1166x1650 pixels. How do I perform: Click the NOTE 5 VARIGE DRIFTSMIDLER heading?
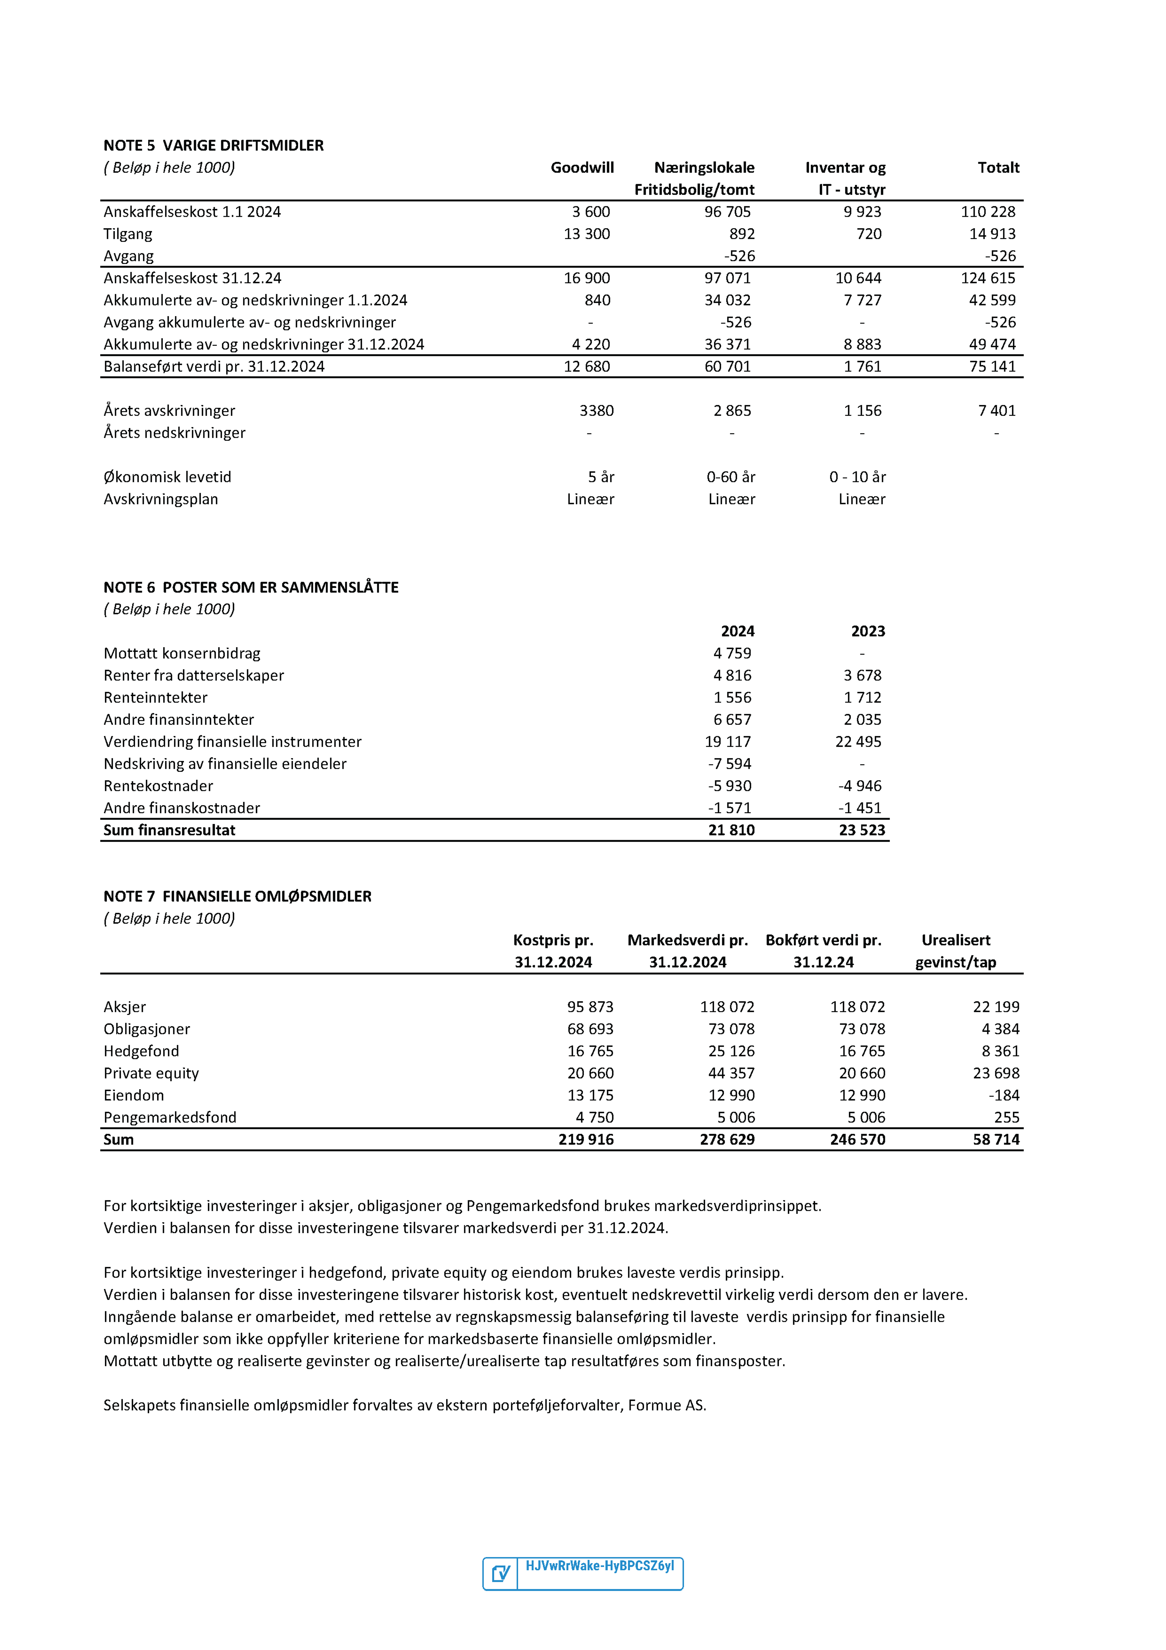(213, 145)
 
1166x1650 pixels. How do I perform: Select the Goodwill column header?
(582, 167)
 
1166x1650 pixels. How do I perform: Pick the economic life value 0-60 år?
(731, 476)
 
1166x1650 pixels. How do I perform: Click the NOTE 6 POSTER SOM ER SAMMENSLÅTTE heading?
(251, 587)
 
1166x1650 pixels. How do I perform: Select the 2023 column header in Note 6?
(868, 631)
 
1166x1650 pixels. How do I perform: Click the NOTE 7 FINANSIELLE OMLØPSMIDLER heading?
(237, 896)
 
